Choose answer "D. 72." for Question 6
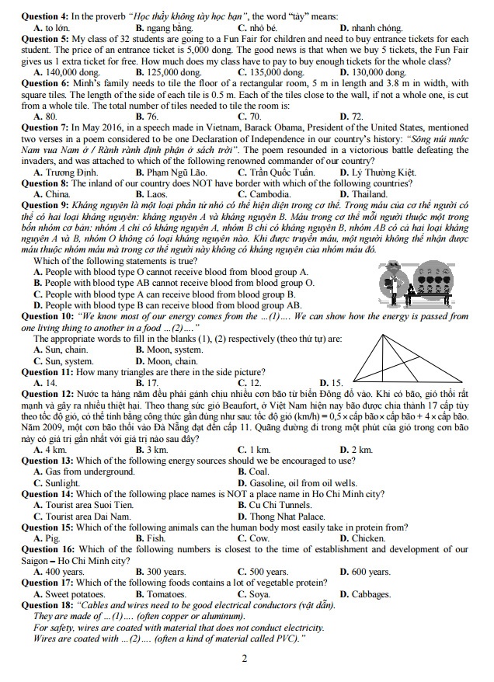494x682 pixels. [351, 116]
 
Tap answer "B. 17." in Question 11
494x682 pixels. [147, 383]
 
